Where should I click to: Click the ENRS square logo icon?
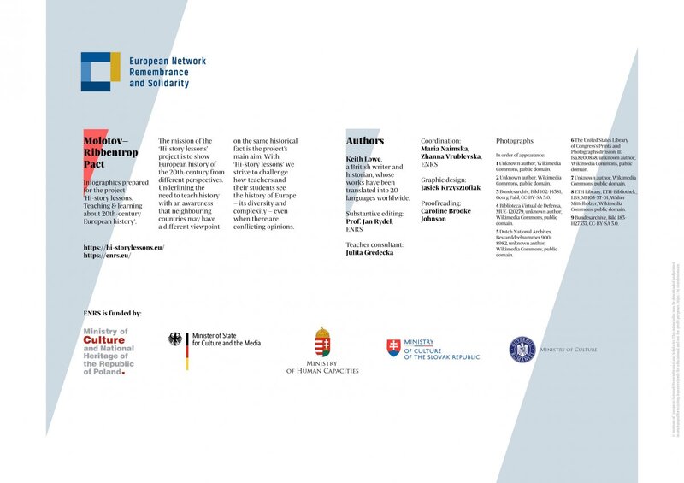tap(101, 72)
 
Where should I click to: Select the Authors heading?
tap(365, 141)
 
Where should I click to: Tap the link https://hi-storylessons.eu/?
tap(124, 247)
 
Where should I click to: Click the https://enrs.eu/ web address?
tap(107, 256)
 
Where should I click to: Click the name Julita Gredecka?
tap(370, 253)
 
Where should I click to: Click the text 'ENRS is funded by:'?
tap(113, 314)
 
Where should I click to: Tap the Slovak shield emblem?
tap(393, 347)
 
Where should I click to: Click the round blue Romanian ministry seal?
tap(523, 349)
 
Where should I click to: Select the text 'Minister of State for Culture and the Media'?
tap(227, 339)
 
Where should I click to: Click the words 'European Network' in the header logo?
tap(168, 62)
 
